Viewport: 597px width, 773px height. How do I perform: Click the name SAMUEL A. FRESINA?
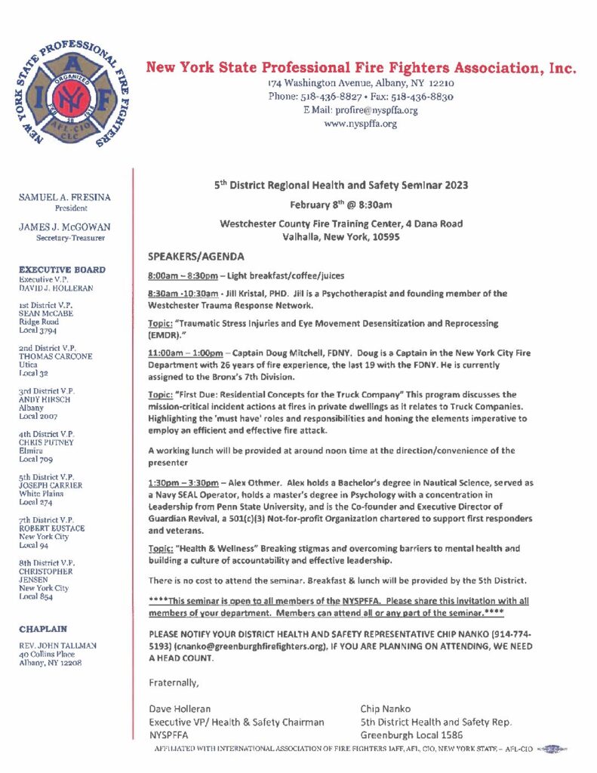[x=64, y=197]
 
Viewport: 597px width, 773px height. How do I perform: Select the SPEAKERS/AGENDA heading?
[x=195, y=256]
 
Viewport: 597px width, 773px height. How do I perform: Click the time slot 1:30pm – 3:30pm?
[x=182, y=482]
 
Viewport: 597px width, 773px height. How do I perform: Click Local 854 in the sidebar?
[x=35, y=596]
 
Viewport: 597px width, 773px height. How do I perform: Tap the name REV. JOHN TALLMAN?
[x=57, y=645]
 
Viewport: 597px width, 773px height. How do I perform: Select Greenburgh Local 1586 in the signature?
[x=411, y=735]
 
